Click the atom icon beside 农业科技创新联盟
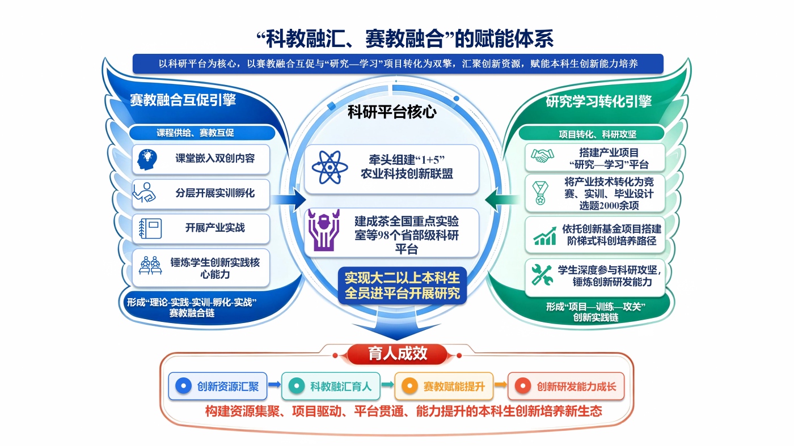(x=330, y=168)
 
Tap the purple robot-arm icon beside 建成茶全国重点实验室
(x=323, y=230)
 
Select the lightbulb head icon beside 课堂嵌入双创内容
(x=147, y=159)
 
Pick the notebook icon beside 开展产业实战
(x=150, y=228)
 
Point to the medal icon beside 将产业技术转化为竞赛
(x=540, y=193)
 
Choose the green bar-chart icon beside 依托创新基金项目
(x=545, y=236)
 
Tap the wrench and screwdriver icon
(x=542, y=275)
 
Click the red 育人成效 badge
(x=397, y=354)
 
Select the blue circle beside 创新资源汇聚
(x=183, y=386)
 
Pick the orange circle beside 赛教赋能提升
(x=409, y=386)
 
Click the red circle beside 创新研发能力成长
(x=523, y=386)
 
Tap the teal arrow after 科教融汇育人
(x=387, y=384)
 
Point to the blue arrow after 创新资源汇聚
(x=274, y=384)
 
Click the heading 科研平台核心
(x=392, y=112)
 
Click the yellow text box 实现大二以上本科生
(x=402, y=286)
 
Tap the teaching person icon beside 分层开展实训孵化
(x=144, y=193)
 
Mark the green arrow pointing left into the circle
(x=502, y=199)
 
